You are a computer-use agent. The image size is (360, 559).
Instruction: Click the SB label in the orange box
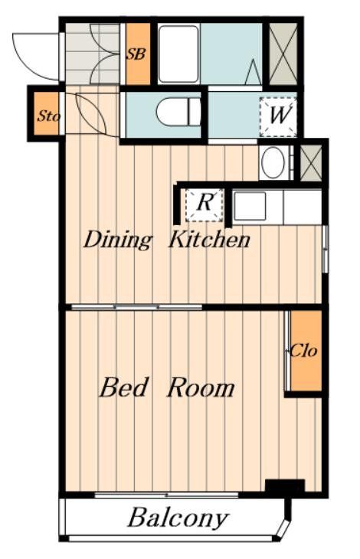click(136, 54)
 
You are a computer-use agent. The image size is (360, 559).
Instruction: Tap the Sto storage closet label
click(49, 116)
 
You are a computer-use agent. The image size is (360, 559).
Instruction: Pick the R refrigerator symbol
click(205, 205)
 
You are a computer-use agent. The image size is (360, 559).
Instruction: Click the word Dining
click(118, 240)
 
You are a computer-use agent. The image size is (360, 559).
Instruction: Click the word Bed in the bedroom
click(123, 388)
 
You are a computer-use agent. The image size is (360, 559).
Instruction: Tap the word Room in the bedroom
click(201, 388)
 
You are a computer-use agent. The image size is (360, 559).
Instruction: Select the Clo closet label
click(303, 351)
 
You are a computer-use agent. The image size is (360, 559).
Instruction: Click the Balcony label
click(178, 518)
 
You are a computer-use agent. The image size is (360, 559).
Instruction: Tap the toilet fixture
click(178, 113)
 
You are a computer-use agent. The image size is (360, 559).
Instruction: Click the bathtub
click(178, 54)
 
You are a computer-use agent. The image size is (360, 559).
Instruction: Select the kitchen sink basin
click(250, 207)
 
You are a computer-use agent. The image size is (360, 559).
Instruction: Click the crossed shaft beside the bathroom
click(283, 54)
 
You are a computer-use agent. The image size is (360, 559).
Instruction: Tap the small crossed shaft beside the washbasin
click(311, 162)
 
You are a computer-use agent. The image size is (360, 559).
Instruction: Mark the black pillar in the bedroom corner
click(285, 486)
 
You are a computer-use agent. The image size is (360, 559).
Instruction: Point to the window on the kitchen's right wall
click(325, 248)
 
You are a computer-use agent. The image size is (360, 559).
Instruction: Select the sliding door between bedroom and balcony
click(166, 495)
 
